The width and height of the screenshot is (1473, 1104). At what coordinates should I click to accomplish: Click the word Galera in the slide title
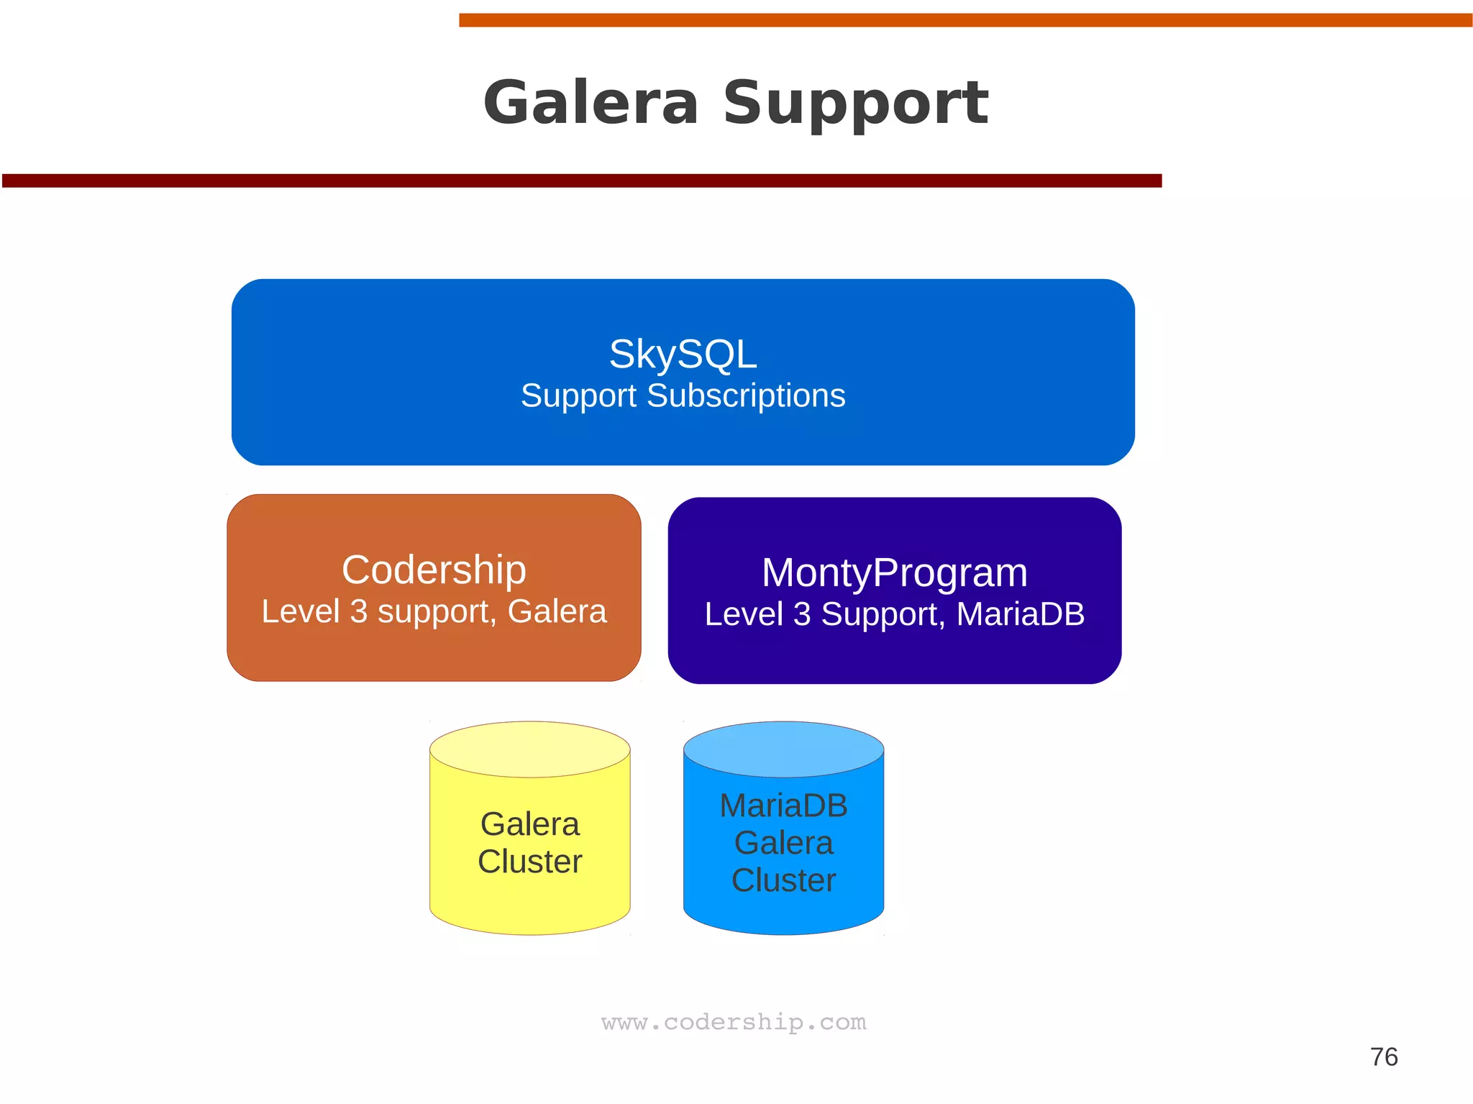click(x=590, y=103)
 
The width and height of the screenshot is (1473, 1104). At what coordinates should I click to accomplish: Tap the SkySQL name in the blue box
click(x=683, y=354)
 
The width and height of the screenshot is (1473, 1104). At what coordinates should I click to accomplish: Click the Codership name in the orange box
click(x=434, y=570)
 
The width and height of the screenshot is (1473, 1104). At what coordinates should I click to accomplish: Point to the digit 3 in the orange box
click(x=358, y=612)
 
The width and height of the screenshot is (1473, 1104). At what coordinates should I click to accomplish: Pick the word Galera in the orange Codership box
click(x=557, y=612)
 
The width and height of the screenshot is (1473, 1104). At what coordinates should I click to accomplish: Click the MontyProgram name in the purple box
click(x=894, y=572)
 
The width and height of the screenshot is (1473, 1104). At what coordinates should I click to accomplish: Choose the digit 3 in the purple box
click(x=802, y=614)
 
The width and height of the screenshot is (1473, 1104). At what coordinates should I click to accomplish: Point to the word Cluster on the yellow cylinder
click(x=530, y=862)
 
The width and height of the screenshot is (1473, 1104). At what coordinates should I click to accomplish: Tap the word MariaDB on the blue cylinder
click(x=783, y=806)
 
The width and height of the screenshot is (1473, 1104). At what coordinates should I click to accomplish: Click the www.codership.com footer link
click(x=734, y=1022)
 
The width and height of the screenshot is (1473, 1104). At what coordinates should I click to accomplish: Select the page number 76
click(x=1384, y=1057)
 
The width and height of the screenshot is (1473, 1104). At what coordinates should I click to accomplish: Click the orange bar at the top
click(x=964, y=20)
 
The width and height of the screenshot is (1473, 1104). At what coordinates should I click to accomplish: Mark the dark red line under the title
click(x=581, y=181)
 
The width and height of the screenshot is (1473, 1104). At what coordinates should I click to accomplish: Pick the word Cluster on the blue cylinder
click(x=783, y=880)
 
